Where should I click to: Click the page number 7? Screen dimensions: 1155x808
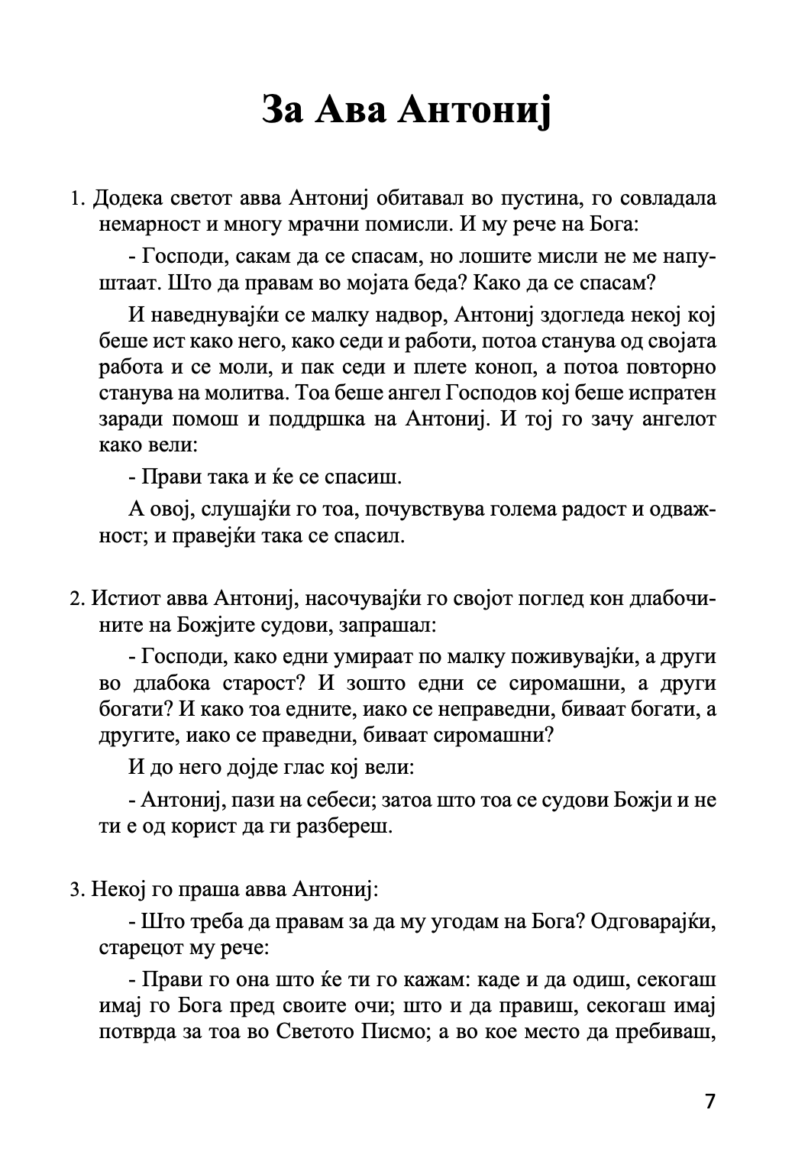click(710, 1102)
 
